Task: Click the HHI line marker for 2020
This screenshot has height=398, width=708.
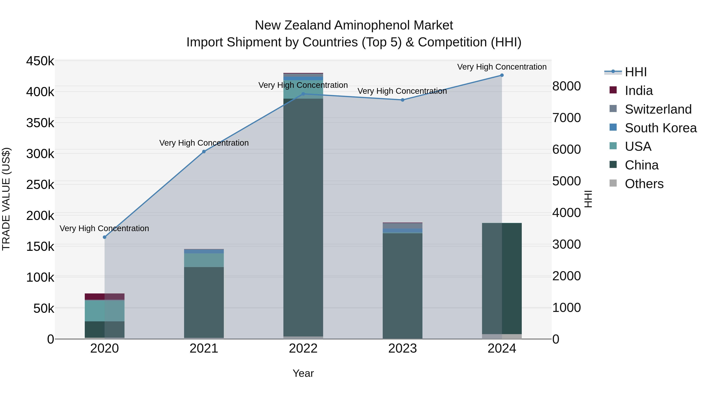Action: coord(104,237)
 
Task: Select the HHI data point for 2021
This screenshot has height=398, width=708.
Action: coord(204,152)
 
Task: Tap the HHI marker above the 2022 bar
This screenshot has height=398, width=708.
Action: coord(303,94)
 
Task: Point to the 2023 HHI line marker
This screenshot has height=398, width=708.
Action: coord(403,100)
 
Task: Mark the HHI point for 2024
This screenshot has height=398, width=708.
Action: coord(502,75)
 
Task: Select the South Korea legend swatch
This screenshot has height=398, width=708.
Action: coord(613,127)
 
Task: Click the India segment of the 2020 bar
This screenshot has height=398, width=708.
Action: coord(104,297)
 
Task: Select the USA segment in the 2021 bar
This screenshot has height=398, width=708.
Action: coord(204,260)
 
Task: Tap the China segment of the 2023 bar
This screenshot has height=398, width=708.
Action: coord(402,286)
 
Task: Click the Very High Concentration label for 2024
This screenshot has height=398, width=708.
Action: coord(502,67)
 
